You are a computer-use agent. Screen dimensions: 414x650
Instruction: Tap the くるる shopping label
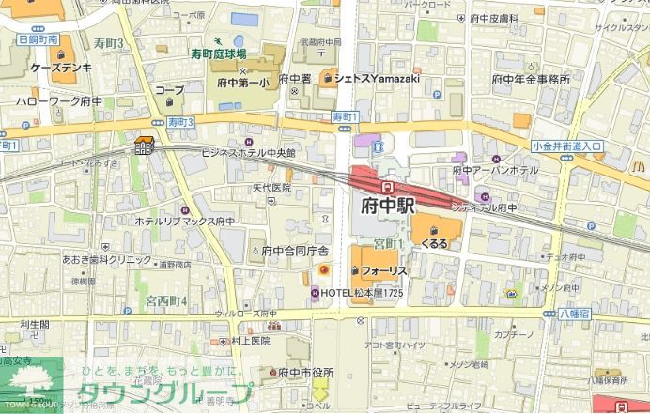click(x=434, y=243)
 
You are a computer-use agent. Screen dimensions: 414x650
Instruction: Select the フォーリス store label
click(x=384, y=270)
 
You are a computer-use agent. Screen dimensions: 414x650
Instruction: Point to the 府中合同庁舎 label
click(x=295, y=251)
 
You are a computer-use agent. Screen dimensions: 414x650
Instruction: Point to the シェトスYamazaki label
click(x=369, y=78)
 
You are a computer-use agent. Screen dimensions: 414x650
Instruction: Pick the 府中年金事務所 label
click(x=531, y=80)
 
